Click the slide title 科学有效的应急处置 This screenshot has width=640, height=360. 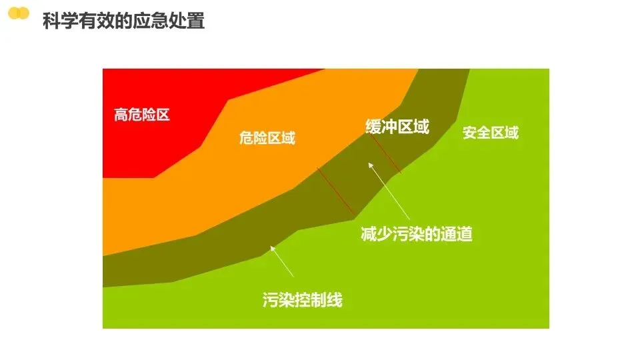[x=123, y=21]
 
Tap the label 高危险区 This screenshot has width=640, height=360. [x=142, y=115]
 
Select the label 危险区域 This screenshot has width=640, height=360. [x=267, y=138]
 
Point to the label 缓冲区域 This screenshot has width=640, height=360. [x=397, y=127]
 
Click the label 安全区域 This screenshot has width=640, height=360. [x=490, y=133]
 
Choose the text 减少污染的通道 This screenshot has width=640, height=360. [x=416, y=234]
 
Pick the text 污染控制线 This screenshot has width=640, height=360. [x=303, y=300]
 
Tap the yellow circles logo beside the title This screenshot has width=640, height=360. [x=18, y=13]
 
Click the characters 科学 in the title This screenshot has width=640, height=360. [x=59, y=21]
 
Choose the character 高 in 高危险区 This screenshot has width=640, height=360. [x=121, y=115]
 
